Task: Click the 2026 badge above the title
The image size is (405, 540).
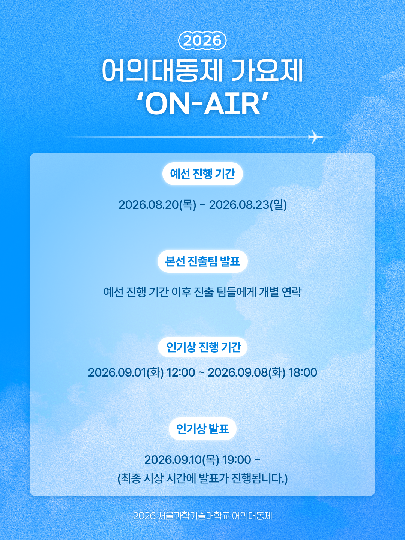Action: (x=202, y=41)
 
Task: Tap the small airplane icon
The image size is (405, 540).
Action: (x=315, y=137)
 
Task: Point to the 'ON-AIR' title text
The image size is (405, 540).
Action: (x=202, y=104)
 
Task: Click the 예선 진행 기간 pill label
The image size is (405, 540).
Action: (x=202, y=174)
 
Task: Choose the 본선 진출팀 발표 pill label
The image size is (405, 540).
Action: (x=202, y=261)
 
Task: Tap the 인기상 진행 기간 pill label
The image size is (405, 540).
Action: (x=202, y=347)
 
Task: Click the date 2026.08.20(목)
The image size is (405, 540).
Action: (x=157, y=205)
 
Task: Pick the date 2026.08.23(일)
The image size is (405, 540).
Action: (x=248, y=205)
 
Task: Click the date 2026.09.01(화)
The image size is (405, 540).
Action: (x=126, y=372)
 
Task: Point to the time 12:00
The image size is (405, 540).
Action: (x=181, y=372)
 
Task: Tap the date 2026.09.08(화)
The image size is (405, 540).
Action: (x=247, y=372)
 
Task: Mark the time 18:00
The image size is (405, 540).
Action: (x=303, y=372)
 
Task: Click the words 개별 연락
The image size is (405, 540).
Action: (x=280, y=292)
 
